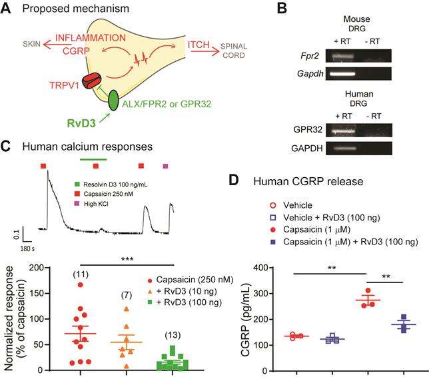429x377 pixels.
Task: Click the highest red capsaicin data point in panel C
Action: click(x=80, y=284)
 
